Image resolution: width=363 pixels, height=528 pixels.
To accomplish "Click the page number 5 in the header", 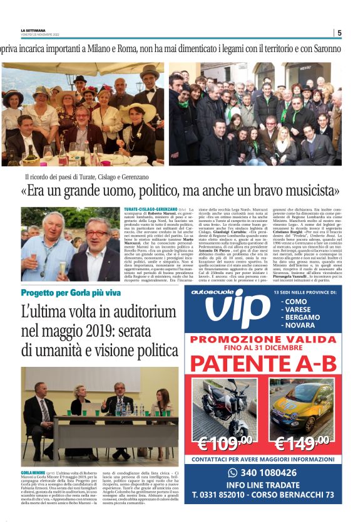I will [x=339, y=33].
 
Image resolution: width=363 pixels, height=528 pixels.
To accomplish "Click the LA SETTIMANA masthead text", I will [x=33, y=31].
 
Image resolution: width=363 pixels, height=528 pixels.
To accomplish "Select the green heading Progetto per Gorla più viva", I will [x=70, y=293].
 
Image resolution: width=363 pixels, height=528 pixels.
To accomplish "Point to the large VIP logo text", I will [x=235, y=312].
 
